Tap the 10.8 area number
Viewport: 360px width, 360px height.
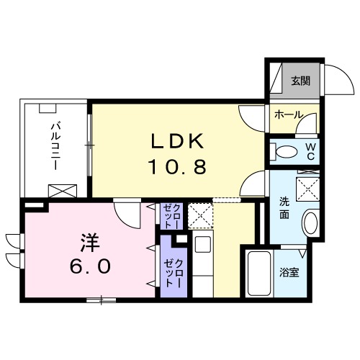click(178, 167)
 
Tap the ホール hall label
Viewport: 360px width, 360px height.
click(288, 114)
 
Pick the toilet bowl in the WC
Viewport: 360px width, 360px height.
click(286, 152)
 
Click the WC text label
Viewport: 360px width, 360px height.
click(310, 151)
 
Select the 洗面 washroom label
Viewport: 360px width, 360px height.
click(285, 208)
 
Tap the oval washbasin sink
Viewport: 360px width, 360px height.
click(311, 222)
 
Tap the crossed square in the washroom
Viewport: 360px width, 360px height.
click(308, 189)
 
